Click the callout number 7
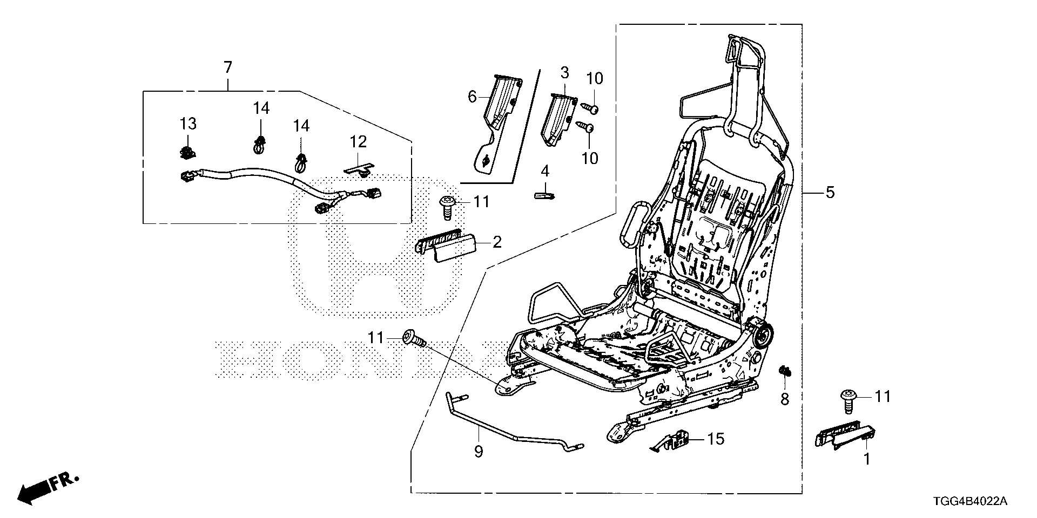(227, 68)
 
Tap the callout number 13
(188, 124)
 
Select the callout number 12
(358, 142)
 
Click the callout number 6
(472, 97)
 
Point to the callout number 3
(564, 72)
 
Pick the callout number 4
(545, 172)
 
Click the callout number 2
(497, 242)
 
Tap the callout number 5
(830, 192)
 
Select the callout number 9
(479, 451)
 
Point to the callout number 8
(785, 399)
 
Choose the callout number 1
(867, 459)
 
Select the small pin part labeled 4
(544, 194)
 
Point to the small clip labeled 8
(784, 371)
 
